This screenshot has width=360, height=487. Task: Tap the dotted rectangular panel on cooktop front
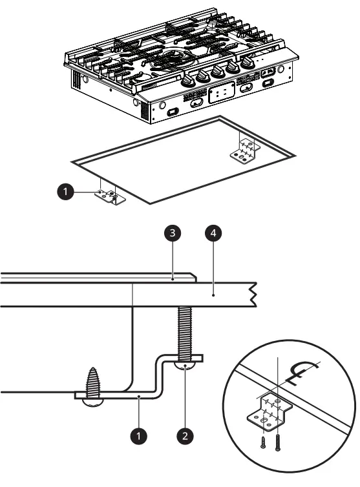(220, 92)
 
